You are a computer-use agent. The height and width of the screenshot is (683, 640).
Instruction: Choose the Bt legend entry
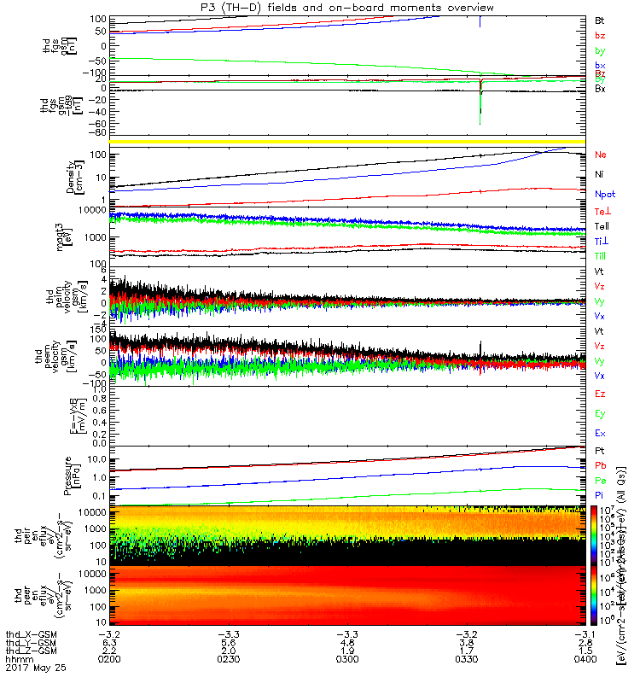[600, 19]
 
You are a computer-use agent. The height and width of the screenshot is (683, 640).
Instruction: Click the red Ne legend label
[601, 155]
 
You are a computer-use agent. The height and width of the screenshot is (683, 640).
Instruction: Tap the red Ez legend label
[601, 394]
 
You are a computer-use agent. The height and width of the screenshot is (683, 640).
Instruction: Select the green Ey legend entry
[601, 413]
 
